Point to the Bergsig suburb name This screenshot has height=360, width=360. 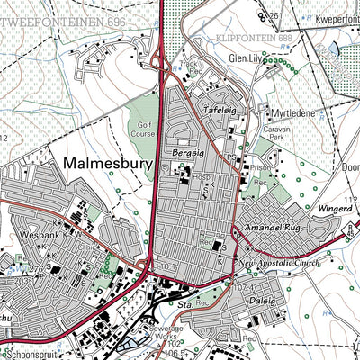pyautogui.click(x=185, y=156)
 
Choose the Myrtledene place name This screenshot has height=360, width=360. pyautogui.click(x=291, y=114)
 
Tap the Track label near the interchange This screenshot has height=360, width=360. pyautogui.click(x=189, y=65)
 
